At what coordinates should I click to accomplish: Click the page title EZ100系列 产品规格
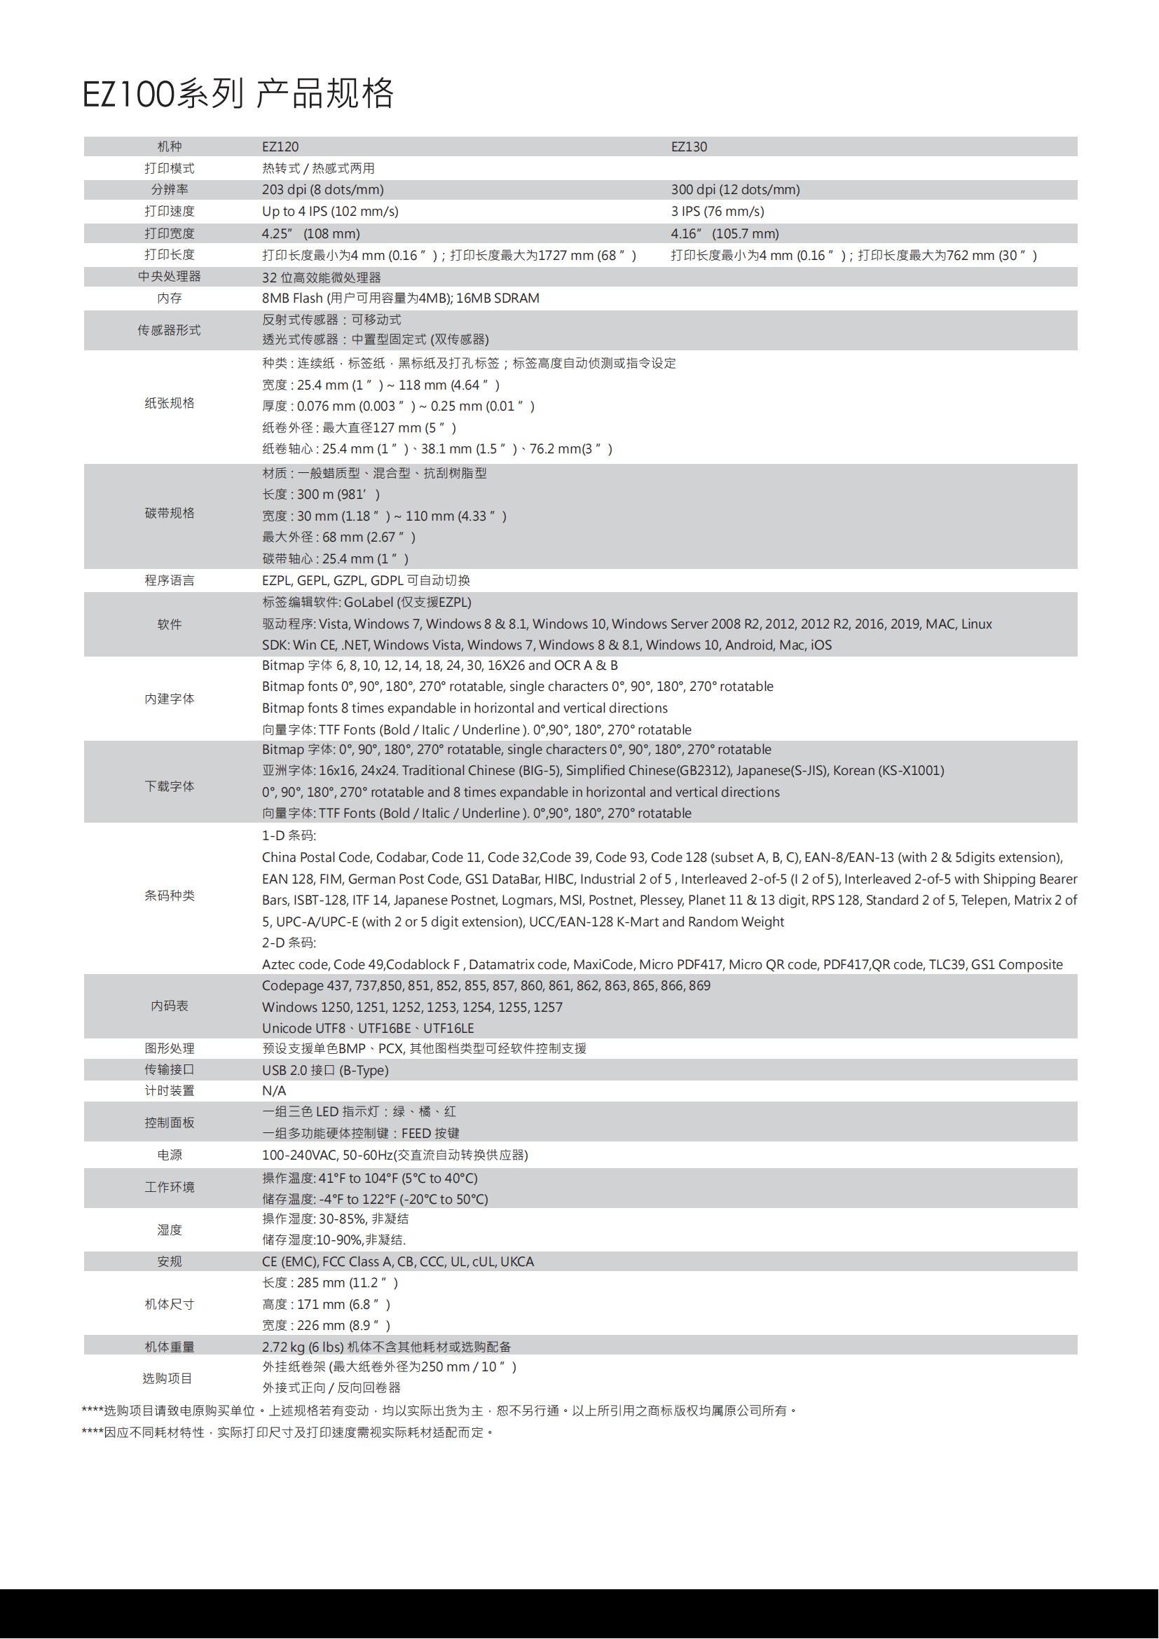pos(238,93)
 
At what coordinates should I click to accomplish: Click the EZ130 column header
pos(689,147)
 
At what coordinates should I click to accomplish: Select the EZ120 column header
pos(280,147)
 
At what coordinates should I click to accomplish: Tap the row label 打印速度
pos(169,212)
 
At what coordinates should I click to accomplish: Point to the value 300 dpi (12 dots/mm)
pos(735,190)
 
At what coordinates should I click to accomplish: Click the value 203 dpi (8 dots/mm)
pos(322,190)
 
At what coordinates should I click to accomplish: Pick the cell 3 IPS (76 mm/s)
pos(718,212)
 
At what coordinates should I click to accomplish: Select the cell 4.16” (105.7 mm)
pos(725,233)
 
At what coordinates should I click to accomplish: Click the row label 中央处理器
pos(169,276)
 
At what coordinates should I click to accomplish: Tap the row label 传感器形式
pos(169,330)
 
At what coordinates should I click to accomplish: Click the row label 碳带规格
pos(169,513)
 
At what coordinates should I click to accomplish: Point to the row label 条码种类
pos(169,896)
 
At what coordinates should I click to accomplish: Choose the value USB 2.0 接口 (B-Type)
pos(324,1070)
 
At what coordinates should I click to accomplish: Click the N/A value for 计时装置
pos(274,1091)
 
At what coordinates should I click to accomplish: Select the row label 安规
pos(169,1261)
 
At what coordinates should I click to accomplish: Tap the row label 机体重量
pos(169,1346)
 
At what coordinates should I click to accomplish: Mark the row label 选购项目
pos(167,1378)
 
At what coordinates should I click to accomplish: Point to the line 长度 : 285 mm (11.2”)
pos(330,1283)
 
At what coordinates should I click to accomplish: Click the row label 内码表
pos(169,1006)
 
